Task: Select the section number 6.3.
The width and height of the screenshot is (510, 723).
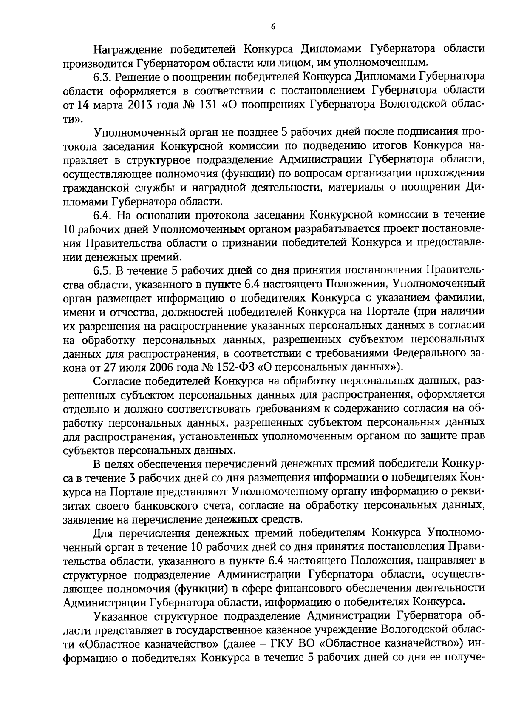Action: pyautogui.click(x=103, y=77)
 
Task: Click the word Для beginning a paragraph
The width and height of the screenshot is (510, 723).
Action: pyautogui.click(x=104, y=533)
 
